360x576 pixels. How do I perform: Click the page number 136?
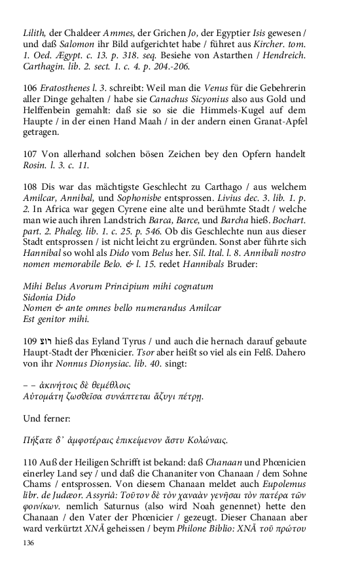[27, 543]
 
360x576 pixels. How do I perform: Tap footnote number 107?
[29, 154]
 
